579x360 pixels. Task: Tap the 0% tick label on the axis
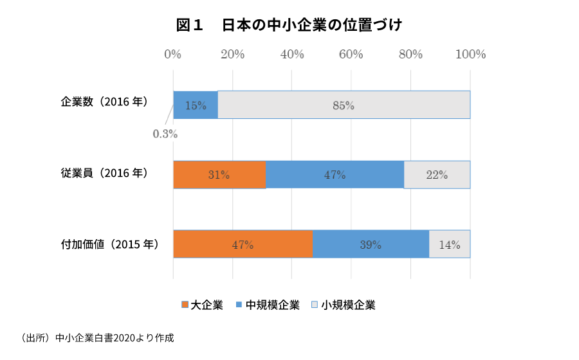pyautogui.click(x=172, y=55)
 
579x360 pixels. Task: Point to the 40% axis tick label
pyautogui.click(x=292, y=55)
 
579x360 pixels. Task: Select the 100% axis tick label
pyautogui.click(x=470, y=55)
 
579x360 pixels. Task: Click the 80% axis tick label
pyautogui.click(x=410, y=55)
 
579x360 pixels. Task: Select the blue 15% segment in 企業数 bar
pyautogui.click(x=196, y=105)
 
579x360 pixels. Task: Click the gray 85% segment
pyautogui.click(x=344, y=105)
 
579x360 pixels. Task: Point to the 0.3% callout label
pyautogui.click(x=165, y=134)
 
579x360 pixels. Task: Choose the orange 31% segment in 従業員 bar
pyautogui.click(x=219, y=175)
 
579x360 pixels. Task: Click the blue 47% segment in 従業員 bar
pyautogui.click(x=335, y=175)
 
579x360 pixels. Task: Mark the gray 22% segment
pyautogui.click(x=437, y=175)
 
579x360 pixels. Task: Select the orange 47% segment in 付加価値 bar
pyautogui.click(x=243, y=244)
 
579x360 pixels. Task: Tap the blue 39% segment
pyautogui.click(x=371, y=244)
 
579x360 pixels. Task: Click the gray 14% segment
pyautogui.click(x=449, y=244)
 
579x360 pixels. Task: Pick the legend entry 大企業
pyautogui.click(x=203, y=305)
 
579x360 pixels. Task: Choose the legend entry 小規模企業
pyautogui.click(x=344, y=305)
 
